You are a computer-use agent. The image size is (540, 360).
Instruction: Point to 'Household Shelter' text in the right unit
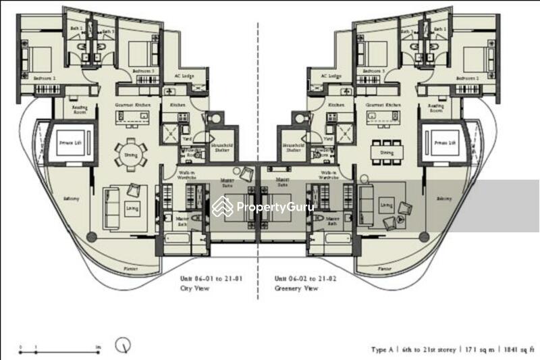[x=292, y=149]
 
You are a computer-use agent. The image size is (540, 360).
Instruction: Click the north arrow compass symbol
[x=124, y=345]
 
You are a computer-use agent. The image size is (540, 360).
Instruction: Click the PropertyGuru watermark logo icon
[x=222, y=207]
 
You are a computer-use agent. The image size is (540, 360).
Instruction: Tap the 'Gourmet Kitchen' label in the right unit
[x=380, y=105]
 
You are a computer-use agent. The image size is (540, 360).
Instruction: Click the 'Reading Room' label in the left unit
[x=83, y=108]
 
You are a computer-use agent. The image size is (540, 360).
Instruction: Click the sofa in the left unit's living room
[x=112, y=203]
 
